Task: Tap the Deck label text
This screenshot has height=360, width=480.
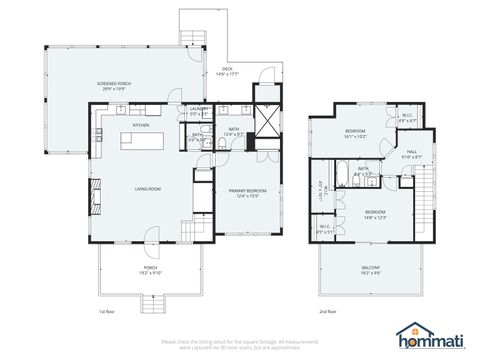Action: coord(229,71)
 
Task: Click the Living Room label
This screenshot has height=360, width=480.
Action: coord(149,187)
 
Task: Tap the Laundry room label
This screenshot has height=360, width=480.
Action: coord(199,109)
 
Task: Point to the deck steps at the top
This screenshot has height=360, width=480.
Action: coord(193,38)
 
